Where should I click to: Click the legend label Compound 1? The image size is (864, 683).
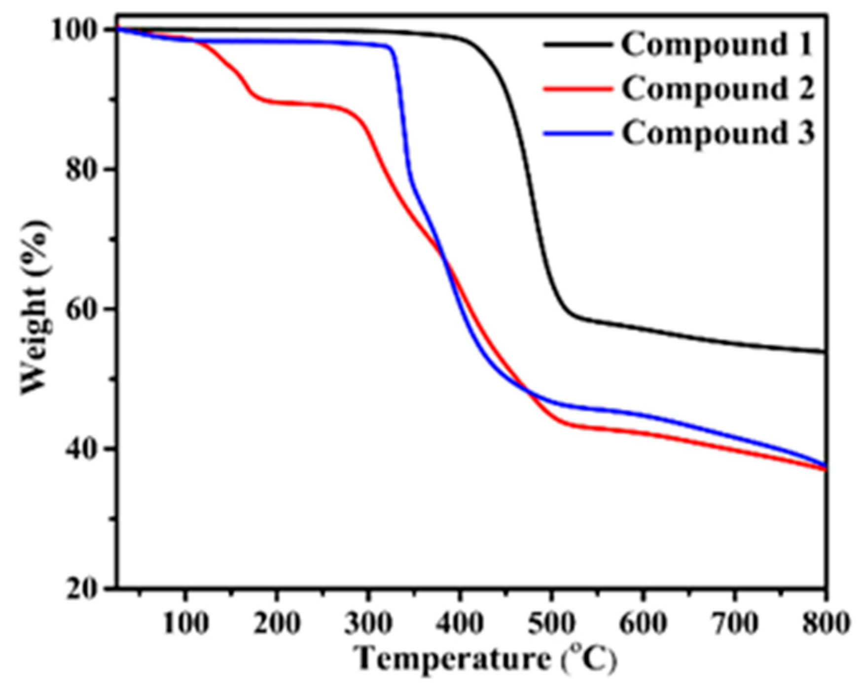click(x=717, y=45)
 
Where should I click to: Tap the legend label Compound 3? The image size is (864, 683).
click(x=718, y=133)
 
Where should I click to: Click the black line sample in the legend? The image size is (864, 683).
click(x=578, y=45)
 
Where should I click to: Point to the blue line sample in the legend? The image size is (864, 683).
click(x=578, y=133)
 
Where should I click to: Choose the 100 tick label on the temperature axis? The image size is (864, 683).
click(x=185, y=623)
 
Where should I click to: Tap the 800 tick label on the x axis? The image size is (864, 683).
click(x=825, y=623)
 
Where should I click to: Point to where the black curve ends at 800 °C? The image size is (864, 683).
click(x=825, y=352)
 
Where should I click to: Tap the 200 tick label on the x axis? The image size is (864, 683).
click(x=277, y=623)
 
